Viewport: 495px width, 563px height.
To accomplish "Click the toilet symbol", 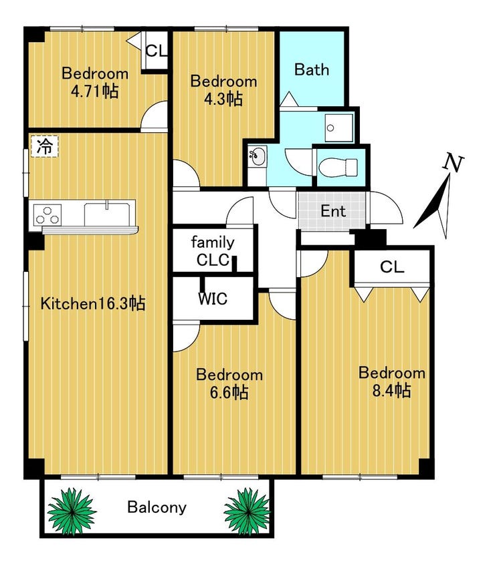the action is [338, 168].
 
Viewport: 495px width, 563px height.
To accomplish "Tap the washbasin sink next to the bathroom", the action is [258, 156].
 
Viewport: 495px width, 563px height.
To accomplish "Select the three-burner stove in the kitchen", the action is [47, 215].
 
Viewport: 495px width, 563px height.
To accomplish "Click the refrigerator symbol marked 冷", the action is [45, 146].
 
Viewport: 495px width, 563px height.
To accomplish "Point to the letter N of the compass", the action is [453, 162].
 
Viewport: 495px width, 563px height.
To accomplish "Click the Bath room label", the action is [312, 69].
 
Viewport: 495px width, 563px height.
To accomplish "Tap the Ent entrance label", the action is [333, 211].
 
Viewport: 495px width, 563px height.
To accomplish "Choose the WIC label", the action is [213, 299].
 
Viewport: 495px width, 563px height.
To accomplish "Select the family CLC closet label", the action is [213, 251].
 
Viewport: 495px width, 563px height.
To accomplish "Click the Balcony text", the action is [157, 508].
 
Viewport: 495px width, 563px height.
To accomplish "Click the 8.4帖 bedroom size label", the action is [391, 390].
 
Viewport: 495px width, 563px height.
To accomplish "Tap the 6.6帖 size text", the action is [229, 392].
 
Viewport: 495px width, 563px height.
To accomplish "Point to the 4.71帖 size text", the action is [94, 91].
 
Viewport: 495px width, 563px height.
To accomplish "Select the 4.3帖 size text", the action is [223, 99].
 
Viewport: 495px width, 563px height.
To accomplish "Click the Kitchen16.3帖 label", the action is [93, 303].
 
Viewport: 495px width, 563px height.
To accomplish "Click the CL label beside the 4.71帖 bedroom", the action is [157, 51].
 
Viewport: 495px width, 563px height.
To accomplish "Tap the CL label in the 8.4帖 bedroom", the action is [392, 266].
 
